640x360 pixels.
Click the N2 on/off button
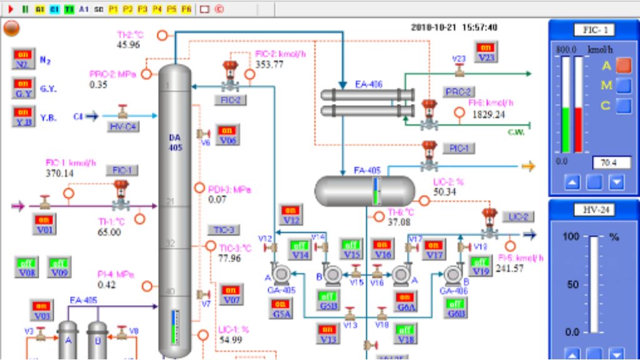[x=23, y=59]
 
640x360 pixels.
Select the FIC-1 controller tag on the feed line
[x=121, y=170]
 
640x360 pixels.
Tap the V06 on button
[x=228, y=135]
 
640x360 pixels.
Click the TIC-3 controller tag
[x=223, y=230]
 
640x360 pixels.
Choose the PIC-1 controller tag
[x=459, y=148]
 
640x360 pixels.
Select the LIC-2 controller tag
[x=517, y=217]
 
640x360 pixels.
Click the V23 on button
[x=486, y=52]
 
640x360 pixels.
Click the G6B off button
[x=454, y=308]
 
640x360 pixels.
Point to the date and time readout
[x=454, y=27]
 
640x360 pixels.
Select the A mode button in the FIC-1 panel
[x=624, y=65]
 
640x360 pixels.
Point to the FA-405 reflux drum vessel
[x=364, y=191]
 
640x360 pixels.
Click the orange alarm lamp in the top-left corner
[x=11, y=29]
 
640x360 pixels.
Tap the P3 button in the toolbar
[x=142, y=9]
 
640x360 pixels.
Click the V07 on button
[x=231, y=295]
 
